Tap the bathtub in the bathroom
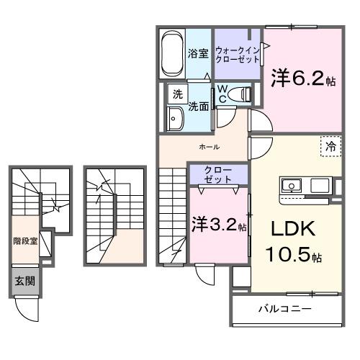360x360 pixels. [172, 53]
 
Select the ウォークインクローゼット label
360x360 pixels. [237, 54]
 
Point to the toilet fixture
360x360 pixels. [242, 94]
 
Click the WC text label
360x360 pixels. [224, 94]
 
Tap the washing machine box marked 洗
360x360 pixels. [176, 94]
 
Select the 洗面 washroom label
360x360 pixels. [199, 107]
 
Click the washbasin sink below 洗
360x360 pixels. [176, 119]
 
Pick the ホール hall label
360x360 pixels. [209, 147]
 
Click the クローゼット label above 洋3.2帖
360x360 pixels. [217, 174]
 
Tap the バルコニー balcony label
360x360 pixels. [285, 309]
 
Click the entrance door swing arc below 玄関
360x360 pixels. [29, 310]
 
